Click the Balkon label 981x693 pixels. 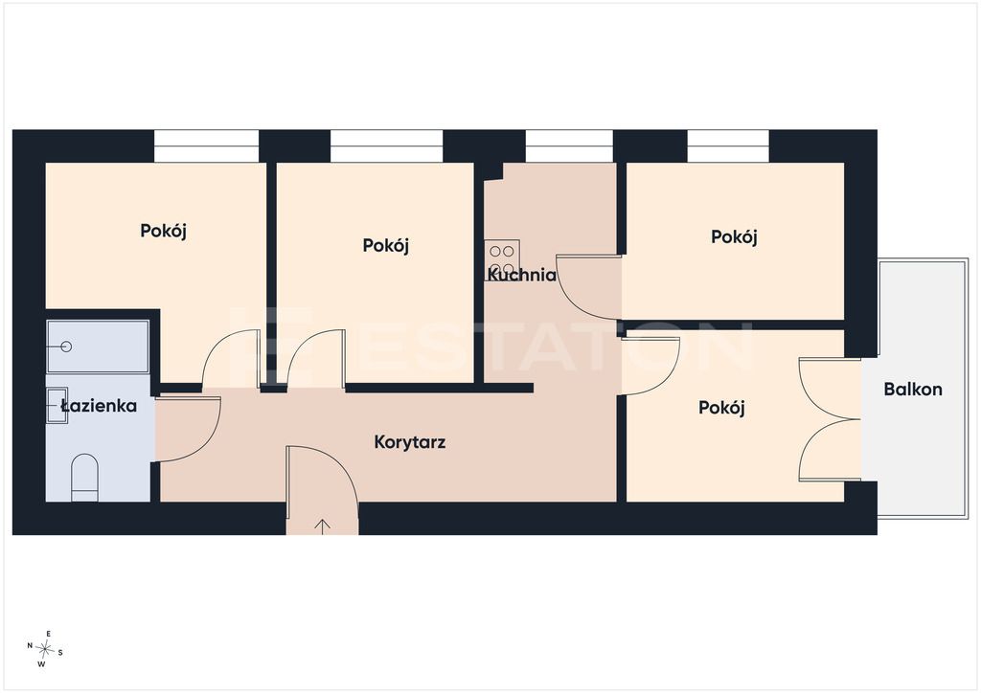[x=913, y=390]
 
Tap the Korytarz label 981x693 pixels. [x=410, y=442]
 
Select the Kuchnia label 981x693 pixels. [x=522, y=275]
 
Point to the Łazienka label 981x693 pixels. [x=99, y=406]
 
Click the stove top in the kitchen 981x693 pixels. [x=502, y=260]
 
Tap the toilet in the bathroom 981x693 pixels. [x=84, y=478]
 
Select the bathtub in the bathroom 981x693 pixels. [x=98, y=346]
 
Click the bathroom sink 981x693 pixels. [x=57, y=406]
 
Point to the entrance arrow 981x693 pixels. [x=322, y=526]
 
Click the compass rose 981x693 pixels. [x=45, y=649]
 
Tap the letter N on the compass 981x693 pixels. [x=30, y=645]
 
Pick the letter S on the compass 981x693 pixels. [x=60, y=653]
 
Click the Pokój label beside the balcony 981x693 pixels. [x=721, y=408]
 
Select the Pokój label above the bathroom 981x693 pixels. [x=163, y=232]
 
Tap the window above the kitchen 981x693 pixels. [x=569, y=146]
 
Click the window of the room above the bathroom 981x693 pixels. [x=207, y=146]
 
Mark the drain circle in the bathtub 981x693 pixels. [x=66, y=346]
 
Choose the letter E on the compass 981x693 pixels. [x=49, y=634]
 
